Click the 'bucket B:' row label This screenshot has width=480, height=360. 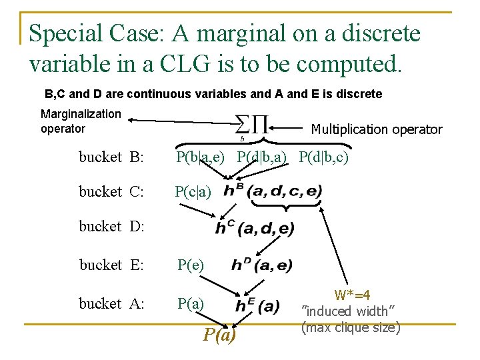(111, 157)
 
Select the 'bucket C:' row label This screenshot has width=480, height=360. (111, 192)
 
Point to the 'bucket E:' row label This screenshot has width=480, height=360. (111, 265)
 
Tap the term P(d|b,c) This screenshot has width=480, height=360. (324, 157)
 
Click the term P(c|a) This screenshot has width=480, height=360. (193, 192)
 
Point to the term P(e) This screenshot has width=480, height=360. (191, 265)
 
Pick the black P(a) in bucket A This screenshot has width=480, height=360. (191, 304)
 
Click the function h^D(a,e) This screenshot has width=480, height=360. (261, 265)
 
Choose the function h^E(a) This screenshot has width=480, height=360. (257, 306)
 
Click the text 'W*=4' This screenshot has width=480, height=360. (353, 295)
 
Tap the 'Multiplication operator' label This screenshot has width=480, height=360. (377, 129)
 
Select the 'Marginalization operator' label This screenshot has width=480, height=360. (81, 121)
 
